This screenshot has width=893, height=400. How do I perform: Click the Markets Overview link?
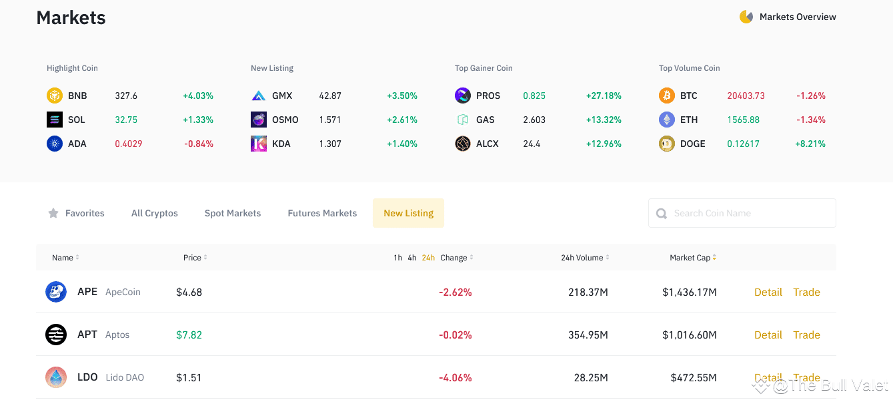pyautogui.click(x=797, y=17)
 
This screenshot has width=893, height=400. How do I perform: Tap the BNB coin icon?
pyautogui.click(x=54, y=95)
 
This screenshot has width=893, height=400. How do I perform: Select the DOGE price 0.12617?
pyautogui.click(x=743, y=144)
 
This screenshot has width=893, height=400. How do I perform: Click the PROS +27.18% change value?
pyautogui.click(x=604, y=95)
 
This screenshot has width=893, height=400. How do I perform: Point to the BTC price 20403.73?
pyautogui.click(x=746, y=95)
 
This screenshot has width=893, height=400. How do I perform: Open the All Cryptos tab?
pyautogui.click(x=155, y=213)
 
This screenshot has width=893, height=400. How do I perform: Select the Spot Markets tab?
pyautogui.click(x=233, y=213)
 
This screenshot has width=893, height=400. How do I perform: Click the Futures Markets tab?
pyautogui.click(x=322, y=213)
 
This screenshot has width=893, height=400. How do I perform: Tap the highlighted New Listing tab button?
pyautogui.click(x=408, y=213)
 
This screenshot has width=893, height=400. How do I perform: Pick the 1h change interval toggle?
pyautogui.click(x=397, y=258)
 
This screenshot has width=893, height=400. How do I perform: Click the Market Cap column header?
pyautogui.click(x=690, y=258)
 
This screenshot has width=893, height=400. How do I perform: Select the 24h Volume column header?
pyautogui.click(x=582, y=258)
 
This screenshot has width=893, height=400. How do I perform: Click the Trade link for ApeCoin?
pyautogui.click(x=806, y=292)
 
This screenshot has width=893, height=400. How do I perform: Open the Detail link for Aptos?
pyautogui.click(x=768, y=335)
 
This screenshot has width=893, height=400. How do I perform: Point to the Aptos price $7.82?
pyautogui.click(x=189, y=335)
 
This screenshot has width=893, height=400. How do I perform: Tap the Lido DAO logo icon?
pyautogui.click(x=56, y=377)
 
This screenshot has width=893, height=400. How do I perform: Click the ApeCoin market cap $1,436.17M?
pyautogui.click(x=689, y=292)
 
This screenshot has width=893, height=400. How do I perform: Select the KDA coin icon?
pyautogui.click(x=258, y=144)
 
